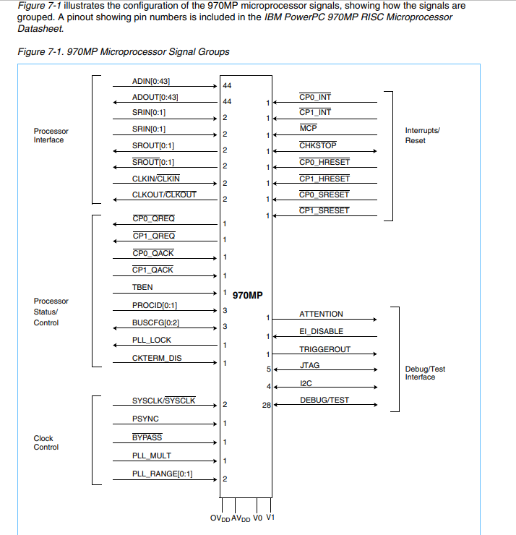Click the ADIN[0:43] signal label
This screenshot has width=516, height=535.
point(151,81)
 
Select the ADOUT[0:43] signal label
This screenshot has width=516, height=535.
point(155,97)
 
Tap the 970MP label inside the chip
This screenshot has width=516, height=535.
point(247,295)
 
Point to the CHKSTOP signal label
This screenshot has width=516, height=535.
point(317,145)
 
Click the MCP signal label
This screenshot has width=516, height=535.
point(308,128)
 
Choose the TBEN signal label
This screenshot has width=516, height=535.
point(142,287)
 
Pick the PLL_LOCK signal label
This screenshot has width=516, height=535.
point(152,340)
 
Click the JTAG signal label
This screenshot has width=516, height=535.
point(309,366)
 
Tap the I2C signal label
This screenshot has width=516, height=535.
point(305,382)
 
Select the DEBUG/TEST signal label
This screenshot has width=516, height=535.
point(324,400)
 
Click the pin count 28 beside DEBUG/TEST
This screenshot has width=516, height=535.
point(266,406)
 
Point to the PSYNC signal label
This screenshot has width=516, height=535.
point(145,419)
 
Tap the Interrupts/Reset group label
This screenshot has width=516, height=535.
point(422,135)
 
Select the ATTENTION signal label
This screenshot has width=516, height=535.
point(321,314)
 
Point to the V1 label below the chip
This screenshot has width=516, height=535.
point(270,518)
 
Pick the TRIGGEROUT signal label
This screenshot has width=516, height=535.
point(324,349)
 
